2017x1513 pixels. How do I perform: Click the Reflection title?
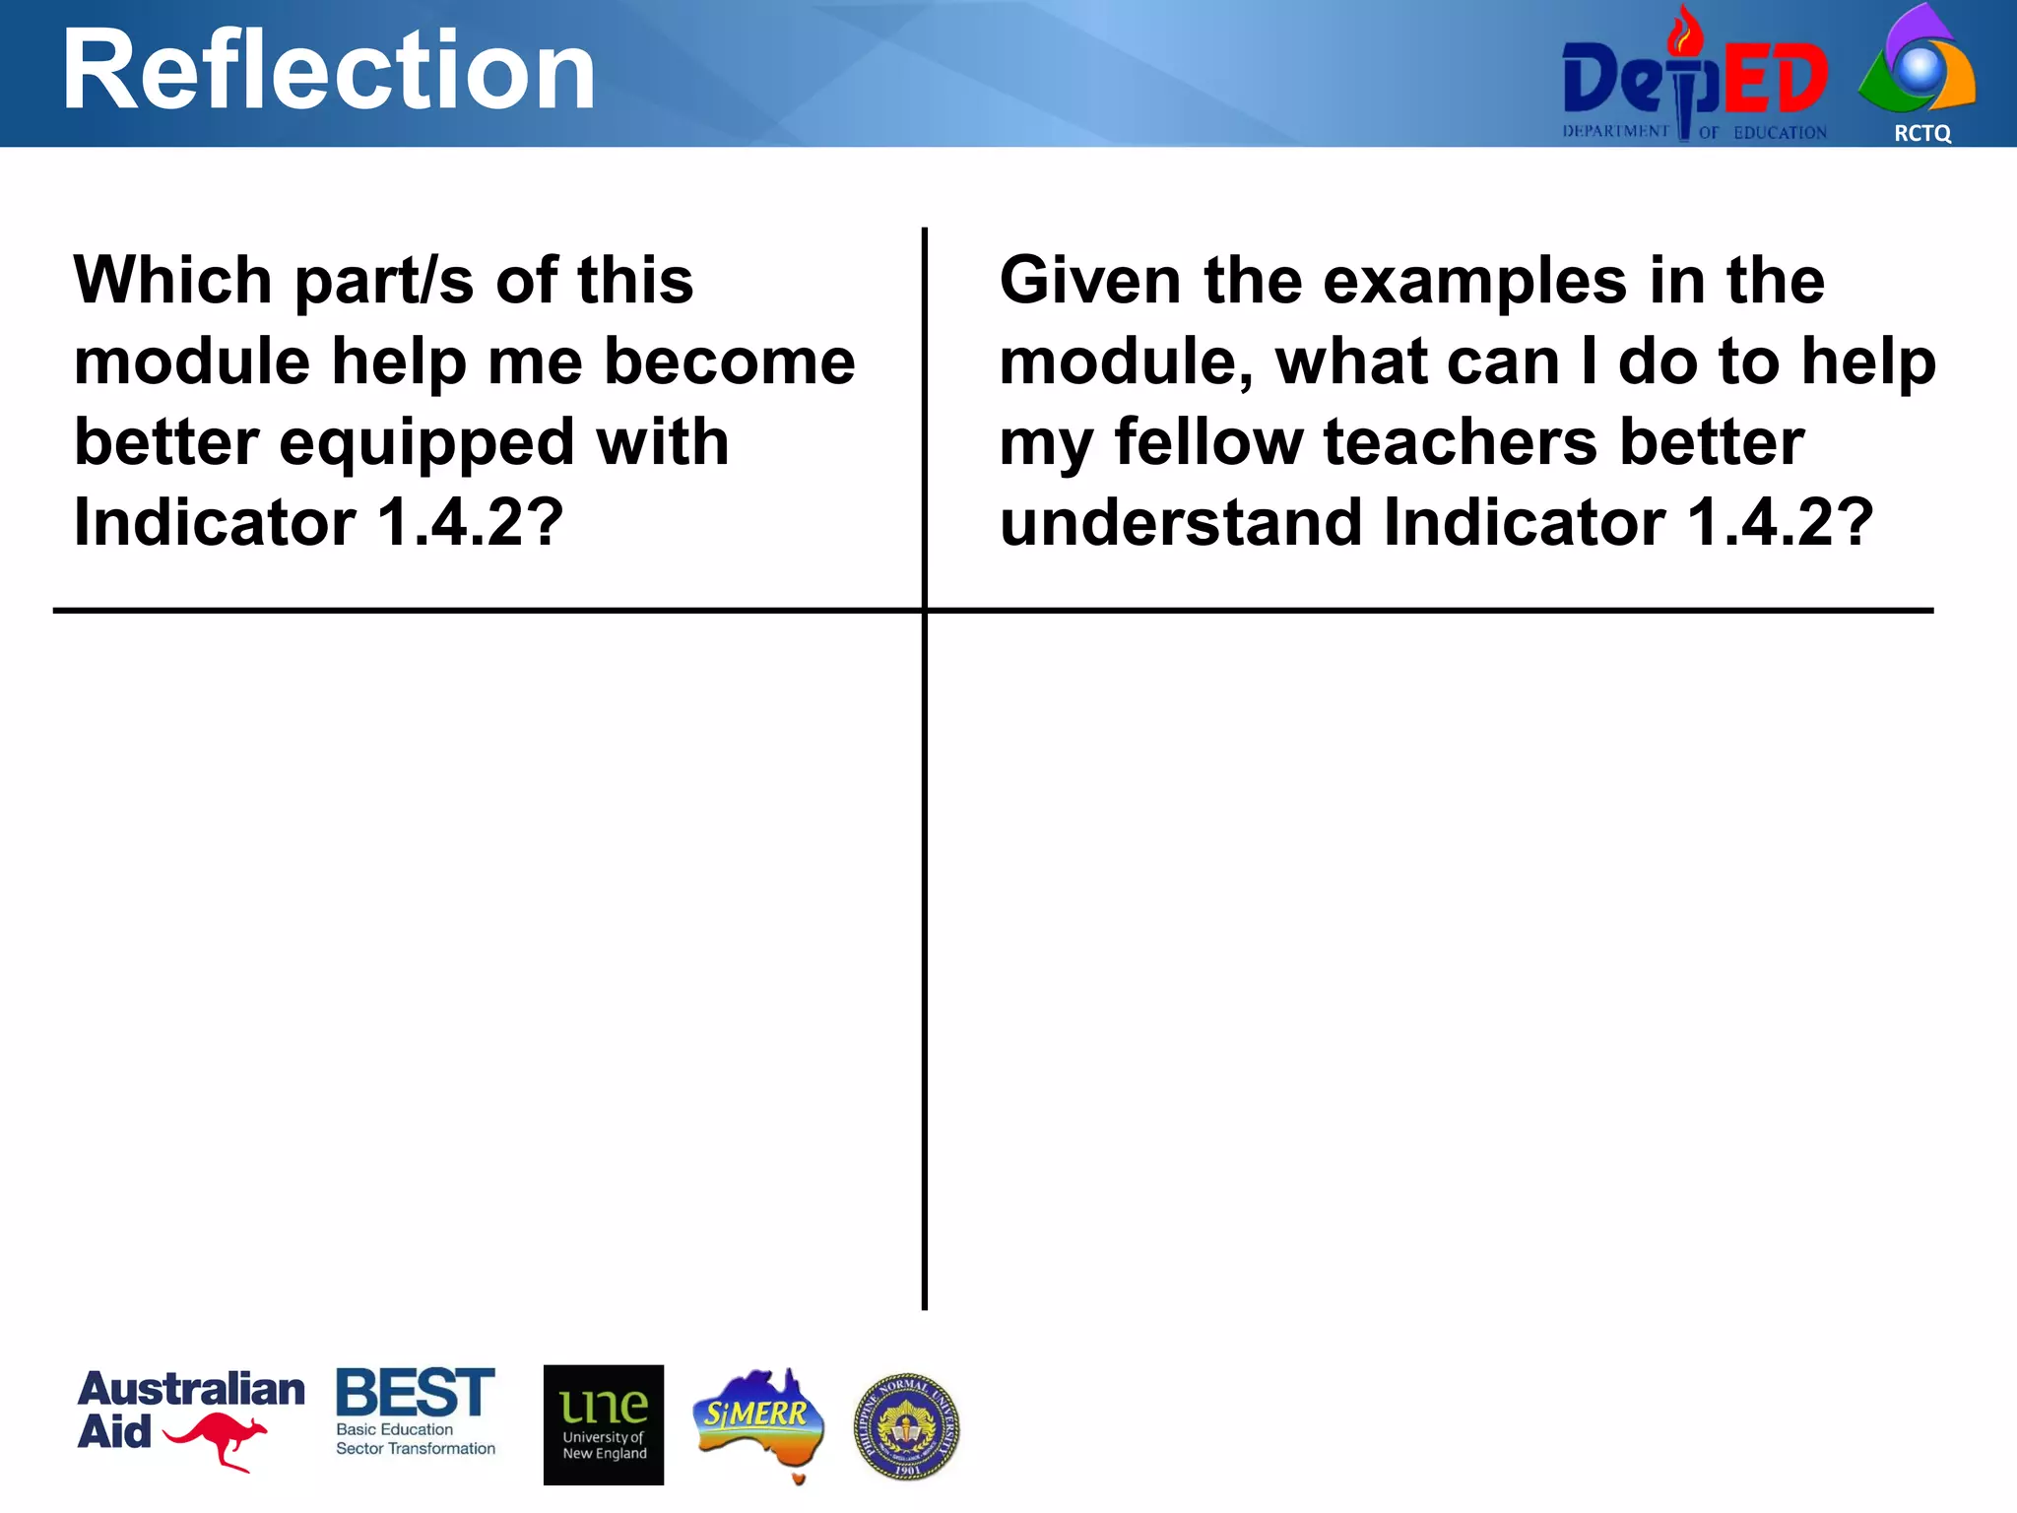329,71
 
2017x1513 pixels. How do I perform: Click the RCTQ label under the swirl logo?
1921,133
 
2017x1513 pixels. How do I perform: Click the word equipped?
426,443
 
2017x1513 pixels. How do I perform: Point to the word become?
729,362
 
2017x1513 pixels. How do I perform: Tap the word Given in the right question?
1089,281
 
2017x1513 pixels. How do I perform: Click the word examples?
1474,283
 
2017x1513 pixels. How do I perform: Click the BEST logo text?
415,1393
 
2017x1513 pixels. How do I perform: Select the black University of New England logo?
603,1424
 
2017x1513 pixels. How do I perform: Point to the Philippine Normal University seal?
906,1426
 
